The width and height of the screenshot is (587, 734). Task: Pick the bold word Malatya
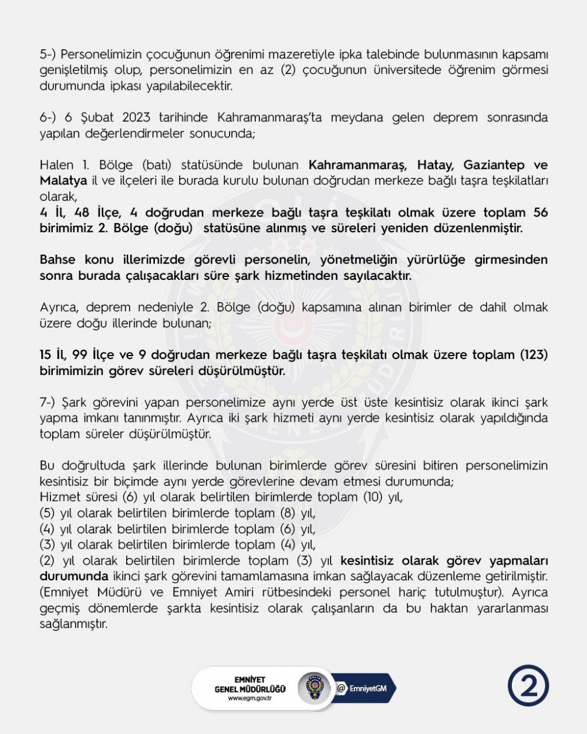click(63, 180)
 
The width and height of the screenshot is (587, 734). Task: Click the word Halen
click(57, 165)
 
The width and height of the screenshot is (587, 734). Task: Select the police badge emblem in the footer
click(313, 687)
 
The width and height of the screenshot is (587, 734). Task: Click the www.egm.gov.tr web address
click(249, 698)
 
